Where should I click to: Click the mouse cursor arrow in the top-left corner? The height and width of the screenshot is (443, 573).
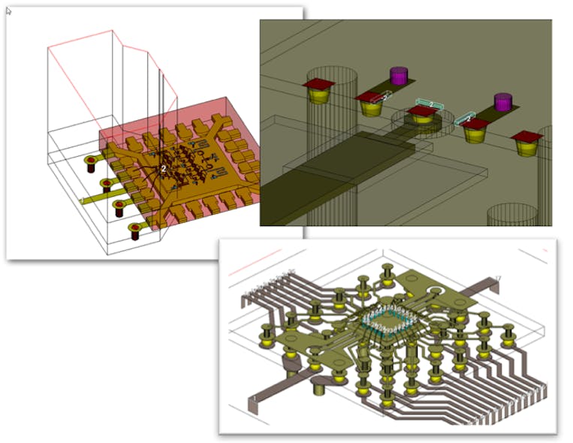(9, 11)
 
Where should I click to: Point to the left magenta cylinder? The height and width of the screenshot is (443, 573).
(398, 76)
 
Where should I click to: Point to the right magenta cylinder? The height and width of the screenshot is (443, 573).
(502, 101)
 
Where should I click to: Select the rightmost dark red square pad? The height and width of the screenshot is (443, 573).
(526, 137)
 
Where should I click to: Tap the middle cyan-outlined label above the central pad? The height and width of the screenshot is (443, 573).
(429, 104)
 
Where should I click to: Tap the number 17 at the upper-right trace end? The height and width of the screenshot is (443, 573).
(498, 279)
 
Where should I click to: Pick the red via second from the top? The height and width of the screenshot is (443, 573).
(106, 185)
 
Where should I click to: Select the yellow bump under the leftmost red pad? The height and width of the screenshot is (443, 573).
(319, 96)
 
